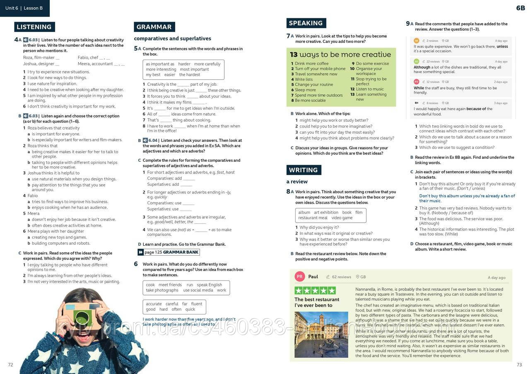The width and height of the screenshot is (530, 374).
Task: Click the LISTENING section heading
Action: click(34, 27)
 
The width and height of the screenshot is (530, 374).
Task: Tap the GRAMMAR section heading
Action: click(154, 27)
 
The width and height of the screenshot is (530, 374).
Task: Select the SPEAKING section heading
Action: click(306, 23)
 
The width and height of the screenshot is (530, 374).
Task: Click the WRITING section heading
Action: click(304, 170)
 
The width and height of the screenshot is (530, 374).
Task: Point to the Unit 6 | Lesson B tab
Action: click(24, 8)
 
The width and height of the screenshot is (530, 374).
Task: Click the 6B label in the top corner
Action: click(520, 8)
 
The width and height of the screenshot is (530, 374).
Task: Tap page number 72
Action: click(11, 364)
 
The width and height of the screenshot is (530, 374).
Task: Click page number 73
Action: click(519, 364)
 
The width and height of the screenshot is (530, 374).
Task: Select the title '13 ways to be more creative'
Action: click(340, 55)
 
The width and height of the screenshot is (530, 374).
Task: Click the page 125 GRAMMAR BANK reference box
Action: click(169, 252)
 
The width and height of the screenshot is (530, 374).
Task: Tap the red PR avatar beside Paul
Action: click(300, 277)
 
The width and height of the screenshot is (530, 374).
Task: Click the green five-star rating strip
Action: click(315, 290)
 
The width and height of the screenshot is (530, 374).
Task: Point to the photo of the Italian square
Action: click(321, 334)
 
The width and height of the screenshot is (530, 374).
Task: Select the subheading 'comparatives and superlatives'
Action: click(172, 38)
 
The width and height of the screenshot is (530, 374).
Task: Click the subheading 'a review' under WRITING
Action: click(297, 182)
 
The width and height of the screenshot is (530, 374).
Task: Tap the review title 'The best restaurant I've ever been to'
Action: click(317, 302)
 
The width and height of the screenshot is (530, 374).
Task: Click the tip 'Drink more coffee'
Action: click(311, 64)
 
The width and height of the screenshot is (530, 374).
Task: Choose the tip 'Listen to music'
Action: click(369, 89)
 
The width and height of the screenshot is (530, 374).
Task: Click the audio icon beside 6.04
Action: click(145, 141)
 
